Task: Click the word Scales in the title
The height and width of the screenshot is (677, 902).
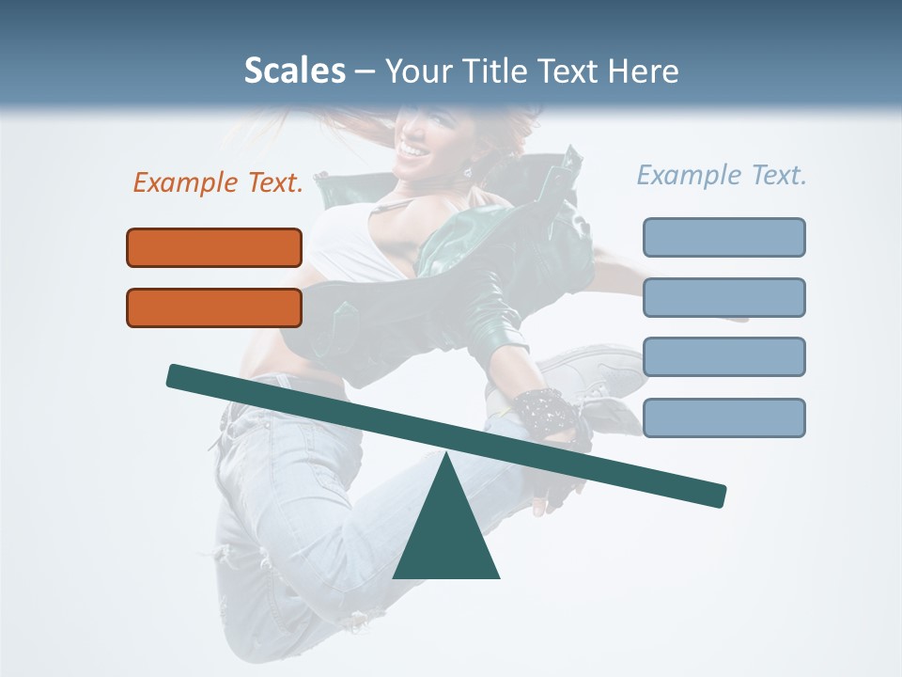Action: click(x=294, y=71)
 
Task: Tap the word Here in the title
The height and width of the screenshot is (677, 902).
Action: click(x=644, y=71)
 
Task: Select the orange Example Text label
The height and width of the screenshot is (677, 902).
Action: click(x=218, y=182)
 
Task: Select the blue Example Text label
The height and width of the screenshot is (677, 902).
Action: click(x=722, y=175)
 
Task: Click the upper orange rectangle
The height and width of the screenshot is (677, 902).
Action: click(x=214, y=248)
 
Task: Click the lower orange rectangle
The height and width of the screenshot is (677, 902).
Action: click(x=214, y=307)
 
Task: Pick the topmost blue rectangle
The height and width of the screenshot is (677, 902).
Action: click(x=723, y=237)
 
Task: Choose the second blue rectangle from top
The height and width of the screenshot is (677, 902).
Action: click(x=723, y=297)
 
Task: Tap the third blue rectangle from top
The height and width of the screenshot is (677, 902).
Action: click(x=723, y=357)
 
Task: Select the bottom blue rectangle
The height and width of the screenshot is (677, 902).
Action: click(x=723, y=417)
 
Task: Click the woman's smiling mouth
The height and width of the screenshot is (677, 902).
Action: click(x=412, y=149)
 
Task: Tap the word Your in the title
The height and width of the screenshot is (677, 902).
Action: click(x=418, y=71)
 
